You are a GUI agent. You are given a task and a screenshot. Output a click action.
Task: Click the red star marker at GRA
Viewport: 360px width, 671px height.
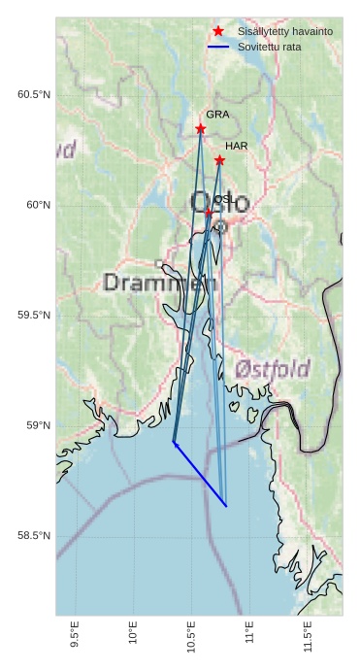[201, 128]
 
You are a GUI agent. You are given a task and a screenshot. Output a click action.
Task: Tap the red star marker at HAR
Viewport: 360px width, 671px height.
[219, 160]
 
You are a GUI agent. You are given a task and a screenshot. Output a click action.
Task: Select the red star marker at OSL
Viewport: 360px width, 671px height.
[209, 212]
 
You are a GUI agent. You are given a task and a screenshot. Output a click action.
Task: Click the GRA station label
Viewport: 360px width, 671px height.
[217, 115]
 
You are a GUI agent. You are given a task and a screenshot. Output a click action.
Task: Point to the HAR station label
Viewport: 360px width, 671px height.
[237, 146]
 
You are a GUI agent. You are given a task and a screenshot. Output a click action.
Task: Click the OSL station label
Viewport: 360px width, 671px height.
[223, 199]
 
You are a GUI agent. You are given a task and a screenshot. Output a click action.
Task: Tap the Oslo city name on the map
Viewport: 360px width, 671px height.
[219, 203]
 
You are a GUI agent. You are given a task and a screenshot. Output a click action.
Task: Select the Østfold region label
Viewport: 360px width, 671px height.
[273, 369]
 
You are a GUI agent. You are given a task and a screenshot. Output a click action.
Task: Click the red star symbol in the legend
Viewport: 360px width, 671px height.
[218, 32]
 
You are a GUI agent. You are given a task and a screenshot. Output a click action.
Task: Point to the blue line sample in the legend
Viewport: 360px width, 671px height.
[218, 47]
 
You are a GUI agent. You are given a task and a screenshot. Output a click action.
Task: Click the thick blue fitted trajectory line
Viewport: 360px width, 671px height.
[200, 475]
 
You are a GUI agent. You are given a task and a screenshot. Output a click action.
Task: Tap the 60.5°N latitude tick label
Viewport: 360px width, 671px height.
[34, 94]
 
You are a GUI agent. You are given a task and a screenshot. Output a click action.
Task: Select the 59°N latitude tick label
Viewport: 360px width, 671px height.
[37, 425]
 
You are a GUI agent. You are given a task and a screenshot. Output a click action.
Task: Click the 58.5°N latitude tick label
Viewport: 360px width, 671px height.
[34, 536]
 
